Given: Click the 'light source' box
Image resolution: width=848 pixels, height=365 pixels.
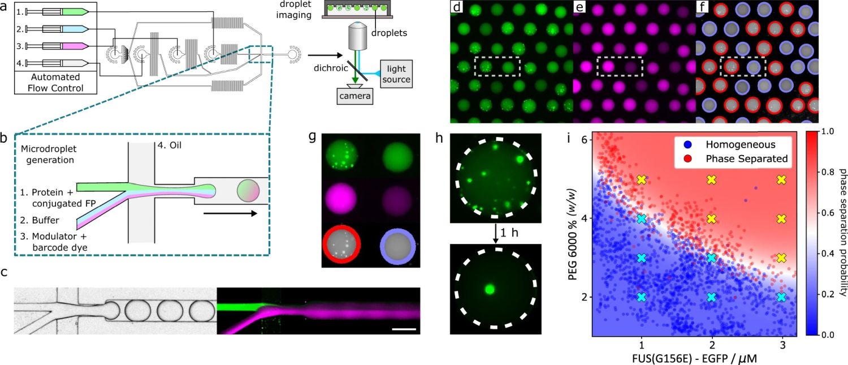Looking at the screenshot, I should tap(396, 74).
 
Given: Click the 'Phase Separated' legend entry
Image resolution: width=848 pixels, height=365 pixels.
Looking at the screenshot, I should tap(747, 158).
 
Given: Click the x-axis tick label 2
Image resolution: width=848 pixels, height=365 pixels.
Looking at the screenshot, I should tap(712, 346).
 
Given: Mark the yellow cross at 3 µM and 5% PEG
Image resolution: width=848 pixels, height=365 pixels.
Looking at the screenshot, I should tap(782, 180).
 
